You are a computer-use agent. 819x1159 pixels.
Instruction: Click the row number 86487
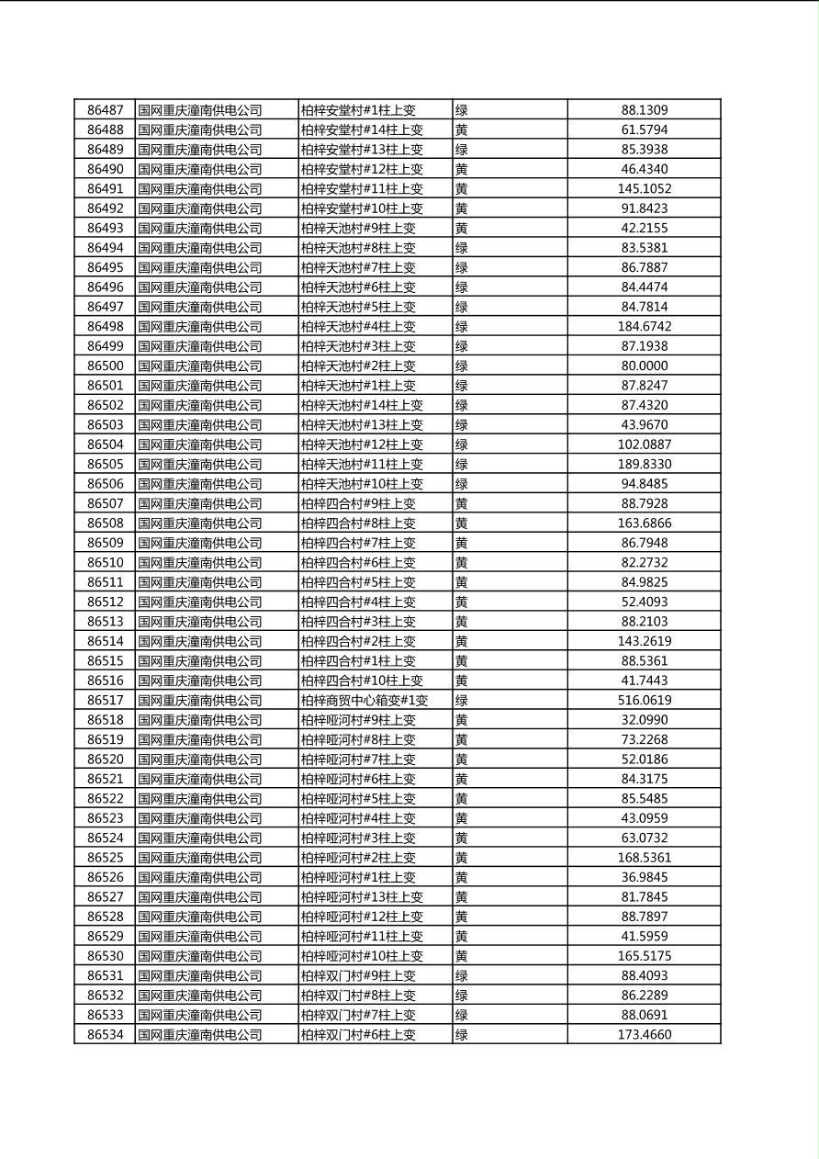point(105,110)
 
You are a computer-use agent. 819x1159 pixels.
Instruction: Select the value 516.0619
point(644,700)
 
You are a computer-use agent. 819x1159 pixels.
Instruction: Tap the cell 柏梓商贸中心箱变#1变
point(365,700)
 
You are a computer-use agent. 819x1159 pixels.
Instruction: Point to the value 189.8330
point(644,464)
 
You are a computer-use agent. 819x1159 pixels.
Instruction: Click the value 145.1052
point(644,188)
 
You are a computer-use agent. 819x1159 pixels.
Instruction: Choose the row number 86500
point(105,366)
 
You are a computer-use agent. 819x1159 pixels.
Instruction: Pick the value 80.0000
point(644,366)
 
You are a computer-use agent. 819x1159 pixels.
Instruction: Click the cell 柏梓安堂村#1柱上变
point(358,110)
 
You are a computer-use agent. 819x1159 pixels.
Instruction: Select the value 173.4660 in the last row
point(644,1034)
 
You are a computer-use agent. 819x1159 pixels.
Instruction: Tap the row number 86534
point(105,1034)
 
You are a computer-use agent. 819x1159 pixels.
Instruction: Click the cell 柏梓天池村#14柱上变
point(362,405)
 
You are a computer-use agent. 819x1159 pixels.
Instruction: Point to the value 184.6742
point(644,326)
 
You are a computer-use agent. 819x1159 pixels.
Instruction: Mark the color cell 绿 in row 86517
point(462,700)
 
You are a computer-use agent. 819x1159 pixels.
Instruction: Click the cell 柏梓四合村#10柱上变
point(362,681)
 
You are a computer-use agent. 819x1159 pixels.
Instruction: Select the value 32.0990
point(644,720)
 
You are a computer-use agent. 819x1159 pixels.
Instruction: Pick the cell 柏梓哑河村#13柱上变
point(362,896)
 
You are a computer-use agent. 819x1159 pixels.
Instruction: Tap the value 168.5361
point(644,858)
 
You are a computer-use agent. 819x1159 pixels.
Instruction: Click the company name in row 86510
point(200,562)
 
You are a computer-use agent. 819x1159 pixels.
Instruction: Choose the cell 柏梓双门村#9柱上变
point(358,975)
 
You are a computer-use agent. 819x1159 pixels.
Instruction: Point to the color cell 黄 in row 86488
point(462,129)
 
